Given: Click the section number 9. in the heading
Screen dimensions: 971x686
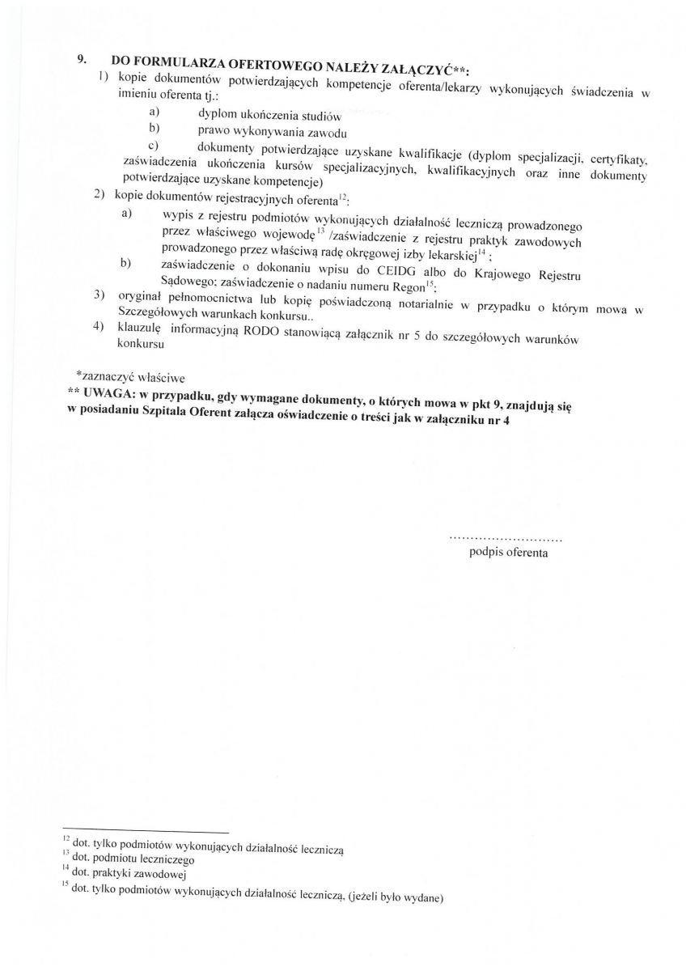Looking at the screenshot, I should (x=82, y=59).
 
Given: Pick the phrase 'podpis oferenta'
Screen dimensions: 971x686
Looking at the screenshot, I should (x=508, y=553).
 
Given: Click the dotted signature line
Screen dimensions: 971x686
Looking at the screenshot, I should (x=506, y=538).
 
